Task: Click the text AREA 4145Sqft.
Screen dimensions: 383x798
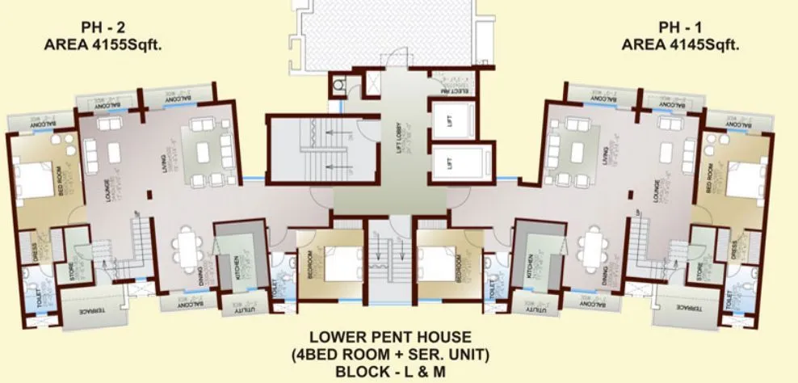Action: click(x=681, y=45)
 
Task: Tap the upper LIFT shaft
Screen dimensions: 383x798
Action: click(x=449, y=121)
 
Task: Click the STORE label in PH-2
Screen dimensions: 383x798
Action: click(x=71, y=271)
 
